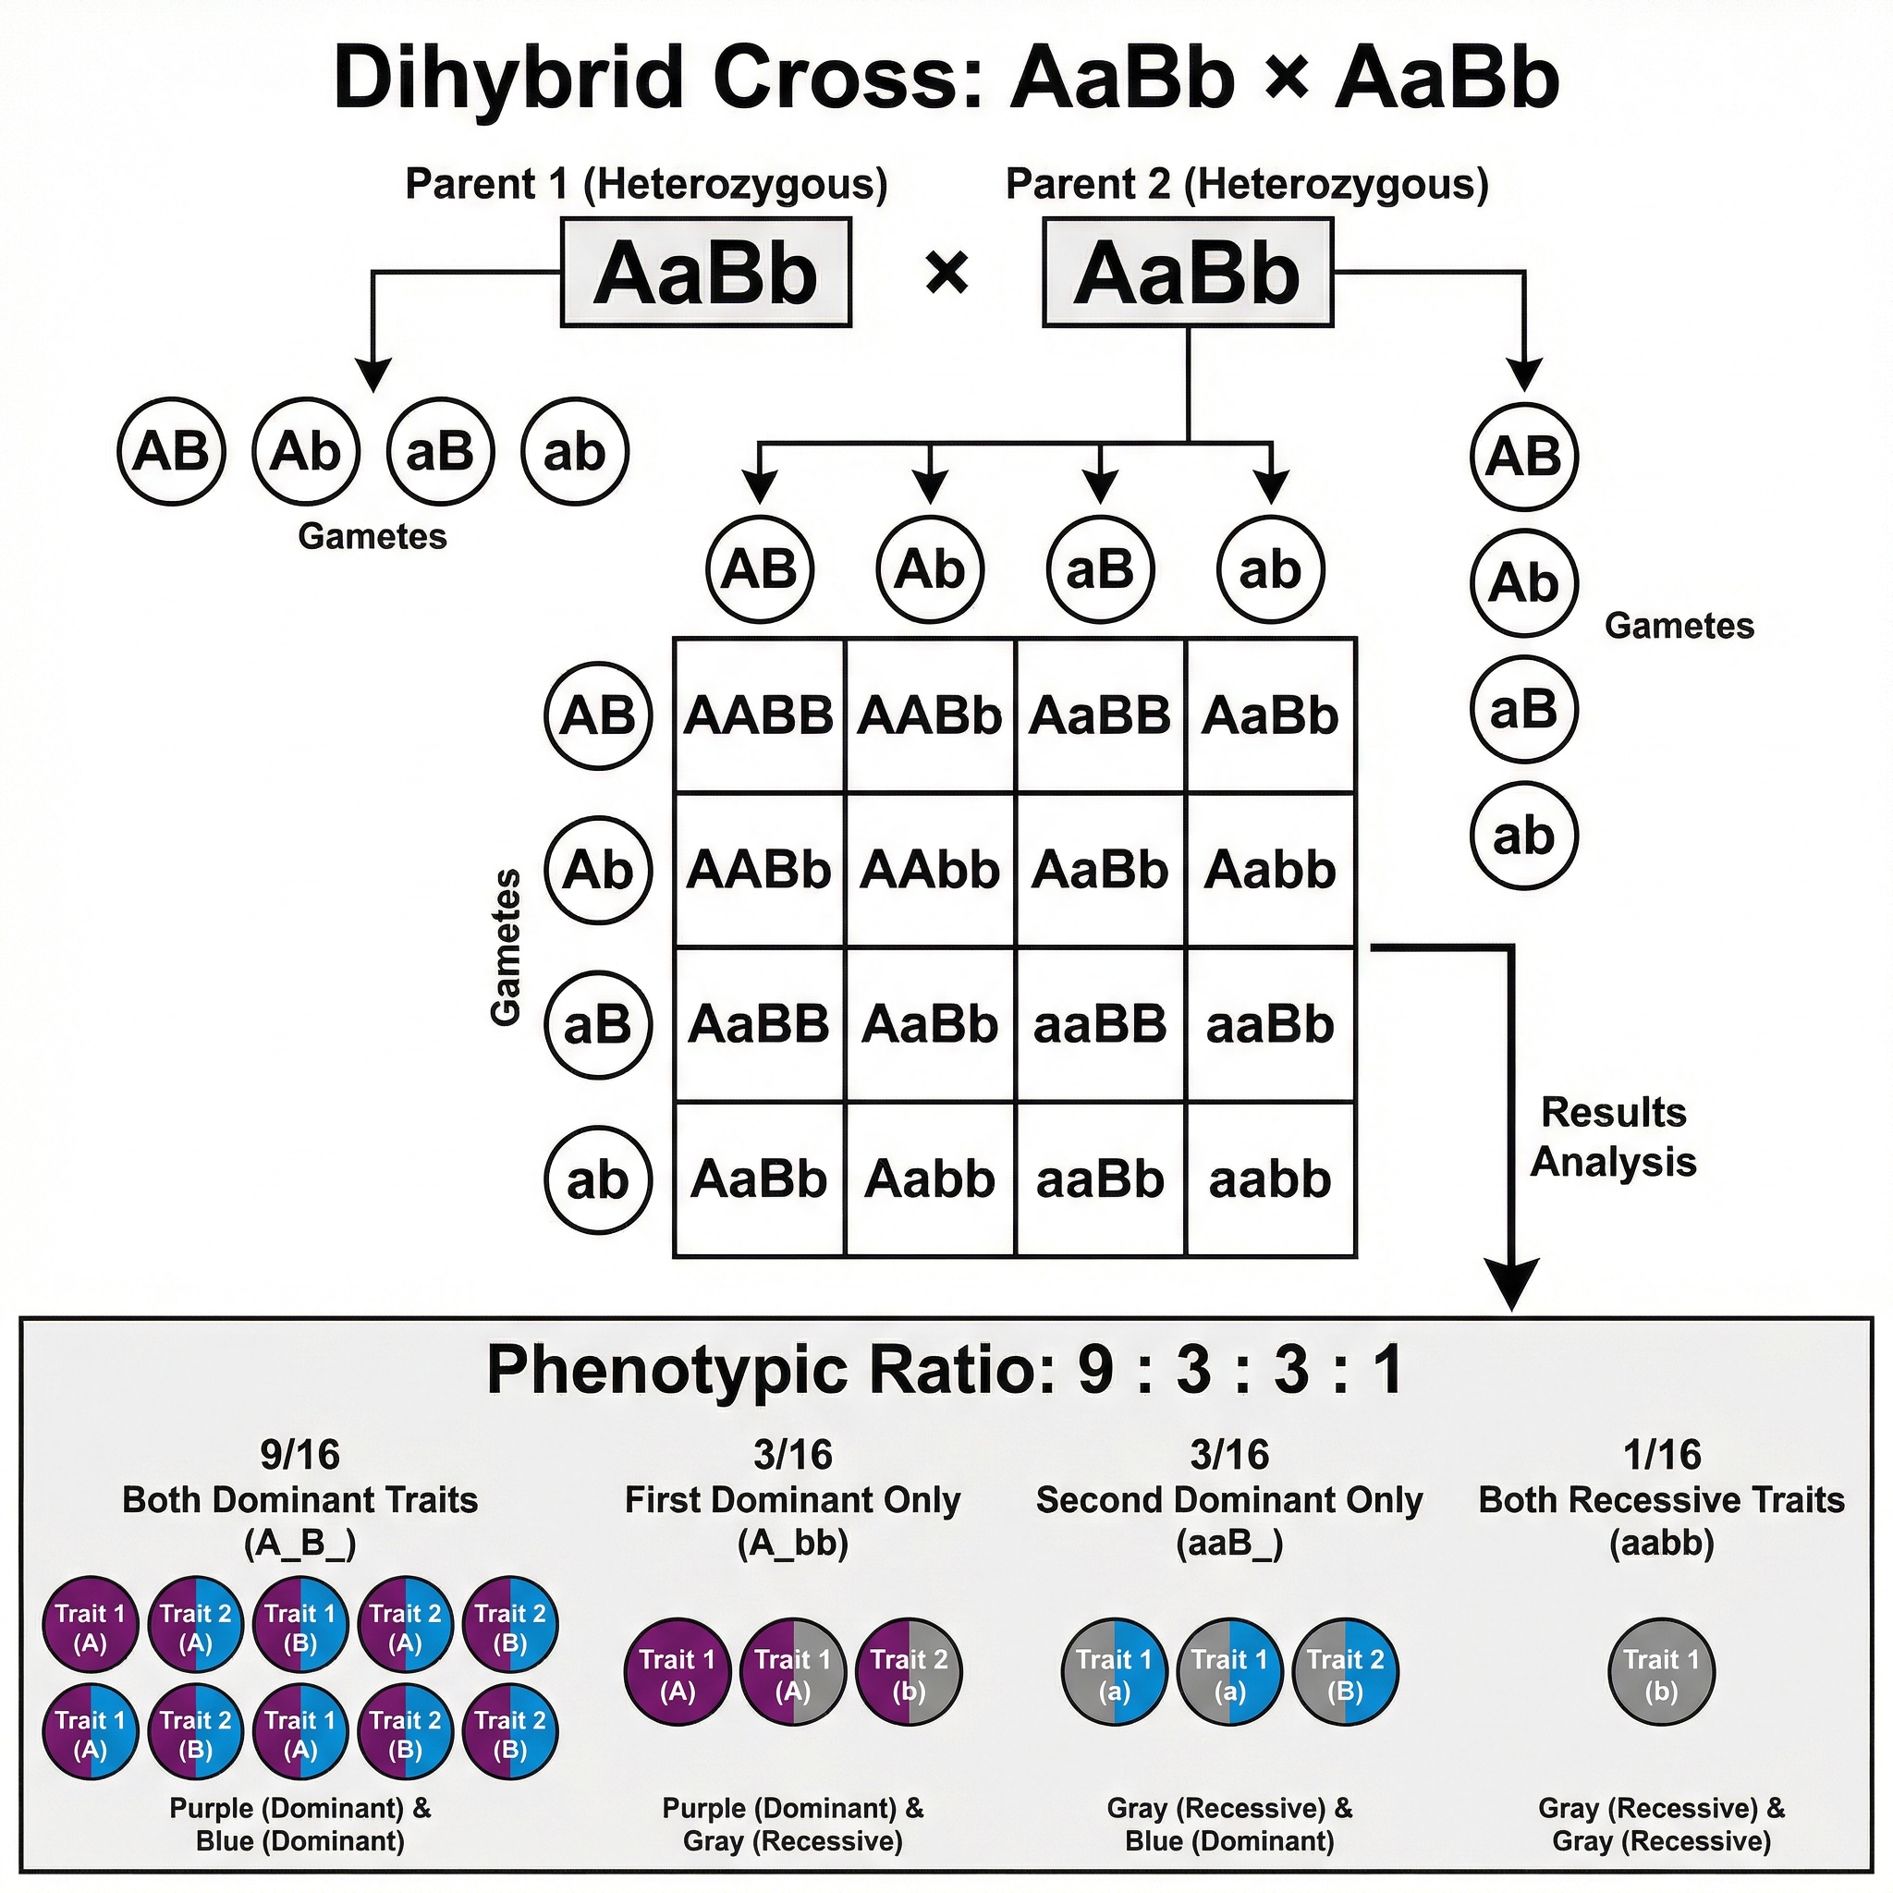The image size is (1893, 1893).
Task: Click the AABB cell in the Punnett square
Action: [758, 715]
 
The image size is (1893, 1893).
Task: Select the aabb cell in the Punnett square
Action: [1270, 1179]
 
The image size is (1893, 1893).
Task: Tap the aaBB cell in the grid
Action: [1100, 1025]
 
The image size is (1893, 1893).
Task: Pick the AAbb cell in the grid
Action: [930, 870]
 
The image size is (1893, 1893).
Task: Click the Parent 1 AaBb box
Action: [705, 273]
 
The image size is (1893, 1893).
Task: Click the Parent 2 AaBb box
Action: [1188, 273]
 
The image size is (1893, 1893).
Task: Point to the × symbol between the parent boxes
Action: [946, 274]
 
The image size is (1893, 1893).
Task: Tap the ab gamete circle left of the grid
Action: [598, 1179]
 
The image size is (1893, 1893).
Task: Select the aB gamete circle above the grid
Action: [1100, 569]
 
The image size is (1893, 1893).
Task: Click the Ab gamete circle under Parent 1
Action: [306, 452]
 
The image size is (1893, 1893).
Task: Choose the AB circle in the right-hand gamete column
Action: [1523, 457]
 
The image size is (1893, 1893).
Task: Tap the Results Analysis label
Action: [1613, 1137]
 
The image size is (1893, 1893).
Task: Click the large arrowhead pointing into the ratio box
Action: [1511, 1284]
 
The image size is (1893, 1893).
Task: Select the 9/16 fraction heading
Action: [299, 1455]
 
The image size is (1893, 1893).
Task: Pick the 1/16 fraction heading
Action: [1662, 1455]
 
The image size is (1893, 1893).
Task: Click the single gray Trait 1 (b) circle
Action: [1662, 1675]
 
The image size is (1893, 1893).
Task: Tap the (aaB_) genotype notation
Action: [1228, 1544]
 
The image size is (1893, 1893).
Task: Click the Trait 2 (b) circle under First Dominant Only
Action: [909, 1675]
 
